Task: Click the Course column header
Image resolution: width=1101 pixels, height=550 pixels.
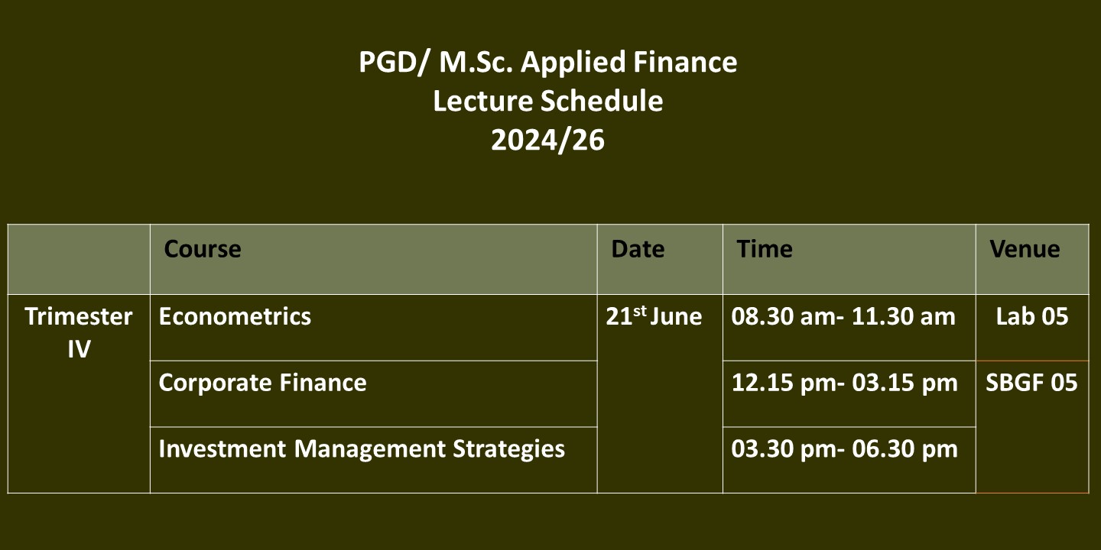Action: (203, 249)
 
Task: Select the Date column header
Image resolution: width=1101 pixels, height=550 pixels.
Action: (638, 249)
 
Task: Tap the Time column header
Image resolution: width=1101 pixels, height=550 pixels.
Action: (765, 249)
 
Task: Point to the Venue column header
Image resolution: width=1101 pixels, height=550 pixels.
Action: (1025, 249)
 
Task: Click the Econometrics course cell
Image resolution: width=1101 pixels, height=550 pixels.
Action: (235, 316)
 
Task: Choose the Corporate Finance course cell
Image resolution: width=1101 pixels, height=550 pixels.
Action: (262, 383)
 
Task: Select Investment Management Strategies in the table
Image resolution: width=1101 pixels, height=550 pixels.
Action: (362, 449)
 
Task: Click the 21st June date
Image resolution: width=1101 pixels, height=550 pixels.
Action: (654, 316)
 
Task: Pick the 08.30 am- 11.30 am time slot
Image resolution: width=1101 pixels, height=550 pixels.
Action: (843, 316)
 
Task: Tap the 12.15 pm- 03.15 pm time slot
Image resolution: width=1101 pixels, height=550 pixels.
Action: (844, 383)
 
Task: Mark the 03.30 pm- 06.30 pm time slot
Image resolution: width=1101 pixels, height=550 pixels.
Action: (844, 449)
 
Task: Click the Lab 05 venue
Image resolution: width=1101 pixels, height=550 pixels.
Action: (1032, 316)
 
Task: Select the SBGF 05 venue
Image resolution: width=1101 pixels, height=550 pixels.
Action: (1031, 383)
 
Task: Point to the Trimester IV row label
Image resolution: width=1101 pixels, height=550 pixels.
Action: (79, 332)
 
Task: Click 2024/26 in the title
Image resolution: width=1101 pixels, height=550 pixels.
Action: (547, 140)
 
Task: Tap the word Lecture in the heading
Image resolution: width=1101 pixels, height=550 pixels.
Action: (483, 101)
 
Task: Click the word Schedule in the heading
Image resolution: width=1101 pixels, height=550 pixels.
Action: (602, 101)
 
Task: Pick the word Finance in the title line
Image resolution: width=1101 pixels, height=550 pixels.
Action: (685, 62)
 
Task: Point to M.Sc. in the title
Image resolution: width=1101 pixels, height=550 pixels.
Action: (476, 62)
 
